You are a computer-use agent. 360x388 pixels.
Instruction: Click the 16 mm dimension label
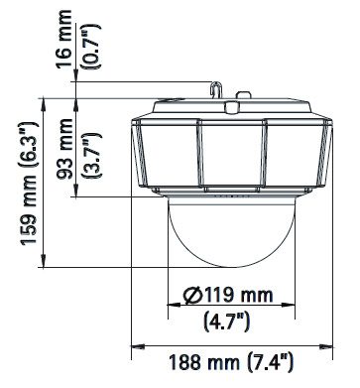pos(63,39)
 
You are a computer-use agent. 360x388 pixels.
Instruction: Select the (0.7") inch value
pos(93,46)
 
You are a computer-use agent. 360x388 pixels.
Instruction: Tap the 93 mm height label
pos(64,149)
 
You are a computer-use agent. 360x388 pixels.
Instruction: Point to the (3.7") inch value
pos(93,156)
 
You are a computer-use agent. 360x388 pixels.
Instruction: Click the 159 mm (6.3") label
pos(29,184)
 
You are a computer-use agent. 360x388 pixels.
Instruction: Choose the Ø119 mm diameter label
pos(228,295)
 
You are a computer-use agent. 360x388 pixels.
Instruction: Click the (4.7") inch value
pos(226,322)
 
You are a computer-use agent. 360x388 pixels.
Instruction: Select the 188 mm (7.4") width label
pos(231,362)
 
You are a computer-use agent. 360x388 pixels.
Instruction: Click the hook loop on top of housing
pos(215,89)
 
